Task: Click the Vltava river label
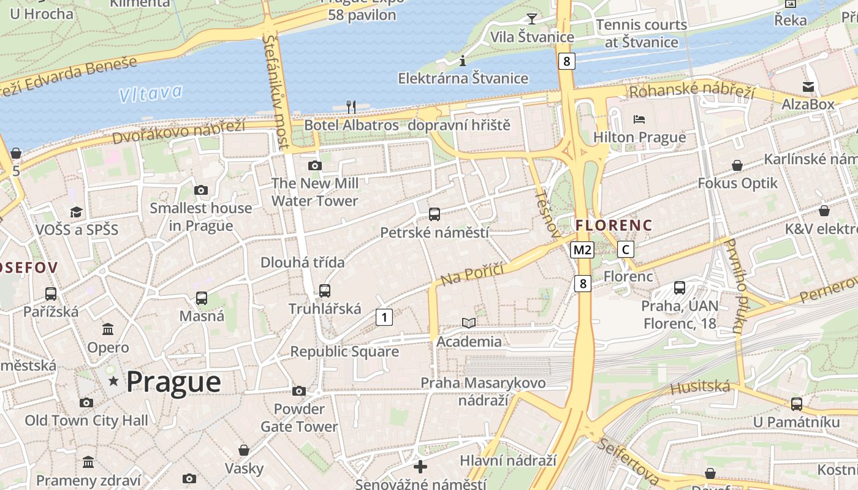coord(151,93)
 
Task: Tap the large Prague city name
coord(173,382)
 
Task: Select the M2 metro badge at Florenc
coord(582,249)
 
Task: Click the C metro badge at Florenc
coord(625,249)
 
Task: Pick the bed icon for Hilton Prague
coord(639,119)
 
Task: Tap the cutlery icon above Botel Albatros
coord(351,107)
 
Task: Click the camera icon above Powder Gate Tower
coord(299,391)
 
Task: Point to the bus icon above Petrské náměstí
coord(435,214)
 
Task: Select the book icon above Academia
coord(469,323)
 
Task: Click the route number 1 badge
coord(384,317)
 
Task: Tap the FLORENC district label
coord(614,225)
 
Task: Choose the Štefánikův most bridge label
coord(276,92)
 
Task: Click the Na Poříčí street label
coord(472,274)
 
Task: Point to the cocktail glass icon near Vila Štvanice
coord(531,19)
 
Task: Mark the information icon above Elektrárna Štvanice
coord(463,61)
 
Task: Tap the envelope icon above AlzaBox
coord(808,87)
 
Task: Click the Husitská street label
coord(700,388)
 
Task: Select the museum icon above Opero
coord(108,330)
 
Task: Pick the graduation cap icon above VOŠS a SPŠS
coord(77,212)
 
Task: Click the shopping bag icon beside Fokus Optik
coord(737,165)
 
